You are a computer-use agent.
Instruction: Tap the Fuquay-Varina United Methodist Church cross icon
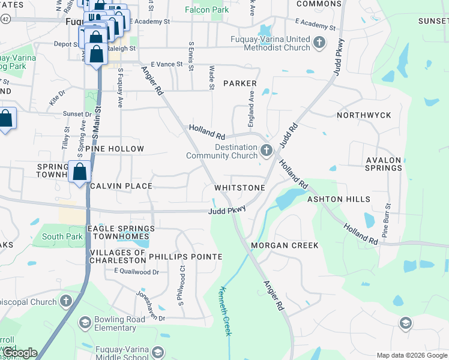(x=319, y=42)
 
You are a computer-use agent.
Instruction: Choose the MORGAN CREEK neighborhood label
(x=285, y=246)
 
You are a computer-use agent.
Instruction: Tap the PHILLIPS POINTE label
(x=185, y=256)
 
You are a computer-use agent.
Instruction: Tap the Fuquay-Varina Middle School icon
(x=158, y=352)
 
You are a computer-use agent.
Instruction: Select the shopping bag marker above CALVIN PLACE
(x=79, y=172)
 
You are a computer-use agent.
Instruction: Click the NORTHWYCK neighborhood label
(x=364, y=115)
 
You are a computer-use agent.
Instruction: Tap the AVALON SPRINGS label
(x=384, y=164)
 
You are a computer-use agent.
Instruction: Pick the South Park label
(x=62, y=236)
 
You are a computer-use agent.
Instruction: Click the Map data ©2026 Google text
(x=411, y=355)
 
